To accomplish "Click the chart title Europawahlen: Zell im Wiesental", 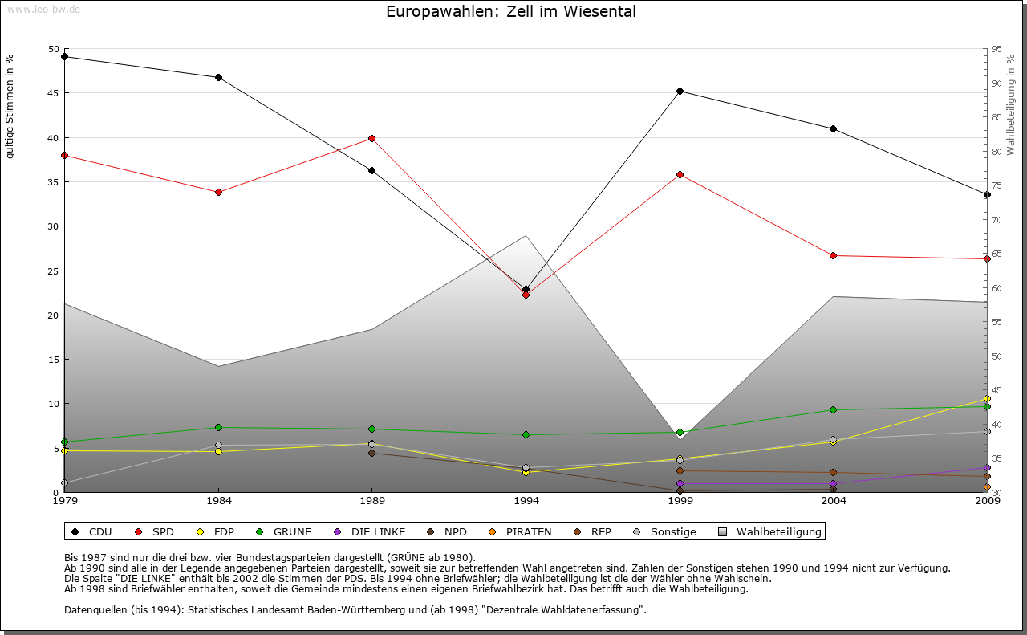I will [511, 12].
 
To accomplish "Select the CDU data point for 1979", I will [64, 57].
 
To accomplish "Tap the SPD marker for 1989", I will [371, 138].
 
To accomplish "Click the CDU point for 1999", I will [680, 92].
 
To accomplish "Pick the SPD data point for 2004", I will [833, 255].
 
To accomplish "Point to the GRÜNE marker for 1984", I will [218, 427].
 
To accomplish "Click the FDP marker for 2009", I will [987, 398].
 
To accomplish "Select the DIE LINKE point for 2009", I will [987, 467].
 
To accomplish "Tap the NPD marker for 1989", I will [371, 454].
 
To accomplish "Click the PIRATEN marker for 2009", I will [987, 486].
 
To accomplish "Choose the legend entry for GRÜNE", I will [285, 531].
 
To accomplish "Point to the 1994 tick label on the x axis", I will [526, 501].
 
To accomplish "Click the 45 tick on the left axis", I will [54, 93].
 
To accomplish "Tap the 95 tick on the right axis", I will [997, 49].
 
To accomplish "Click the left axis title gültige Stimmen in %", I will [10, 106].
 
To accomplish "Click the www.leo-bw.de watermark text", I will [43, 9].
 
